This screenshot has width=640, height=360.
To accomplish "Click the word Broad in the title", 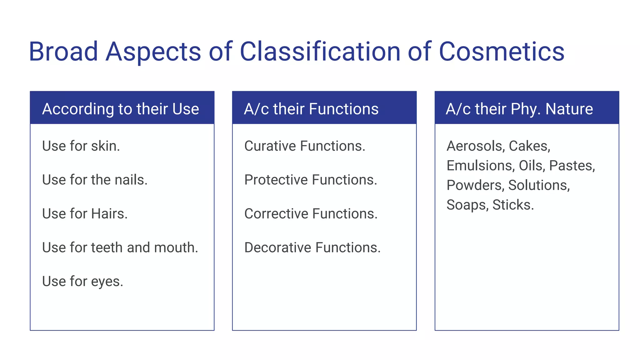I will click(x=63, y=52).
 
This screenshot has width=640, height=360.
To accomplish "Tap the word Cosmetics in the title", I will click(x=502, y=52).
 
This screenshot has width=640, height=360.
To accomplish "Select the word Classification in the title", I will click(x=320, y=52).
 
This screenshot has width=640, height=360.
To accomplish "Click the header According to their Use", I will click(x=121, y=109).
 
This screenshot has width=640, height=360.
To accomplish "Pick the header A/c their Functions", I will click(x=311, y=109).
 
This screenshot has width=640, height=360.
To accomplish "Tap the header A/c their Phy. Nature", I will click(x=519, y=109).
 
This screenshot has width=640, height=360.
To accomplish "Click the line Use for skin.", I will click(x=81, y=146).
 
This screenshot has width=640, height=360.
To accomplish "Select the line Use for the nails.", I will click(x=95, y=180).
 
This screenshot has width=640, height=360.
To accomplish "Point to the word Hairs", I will click(x=109, y=214).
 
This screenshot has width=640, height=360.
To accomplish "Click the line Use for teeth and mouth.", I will click(x=120, y=247).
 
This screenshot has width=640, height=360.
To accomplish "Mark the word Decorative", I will click(x=278, y=247).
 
